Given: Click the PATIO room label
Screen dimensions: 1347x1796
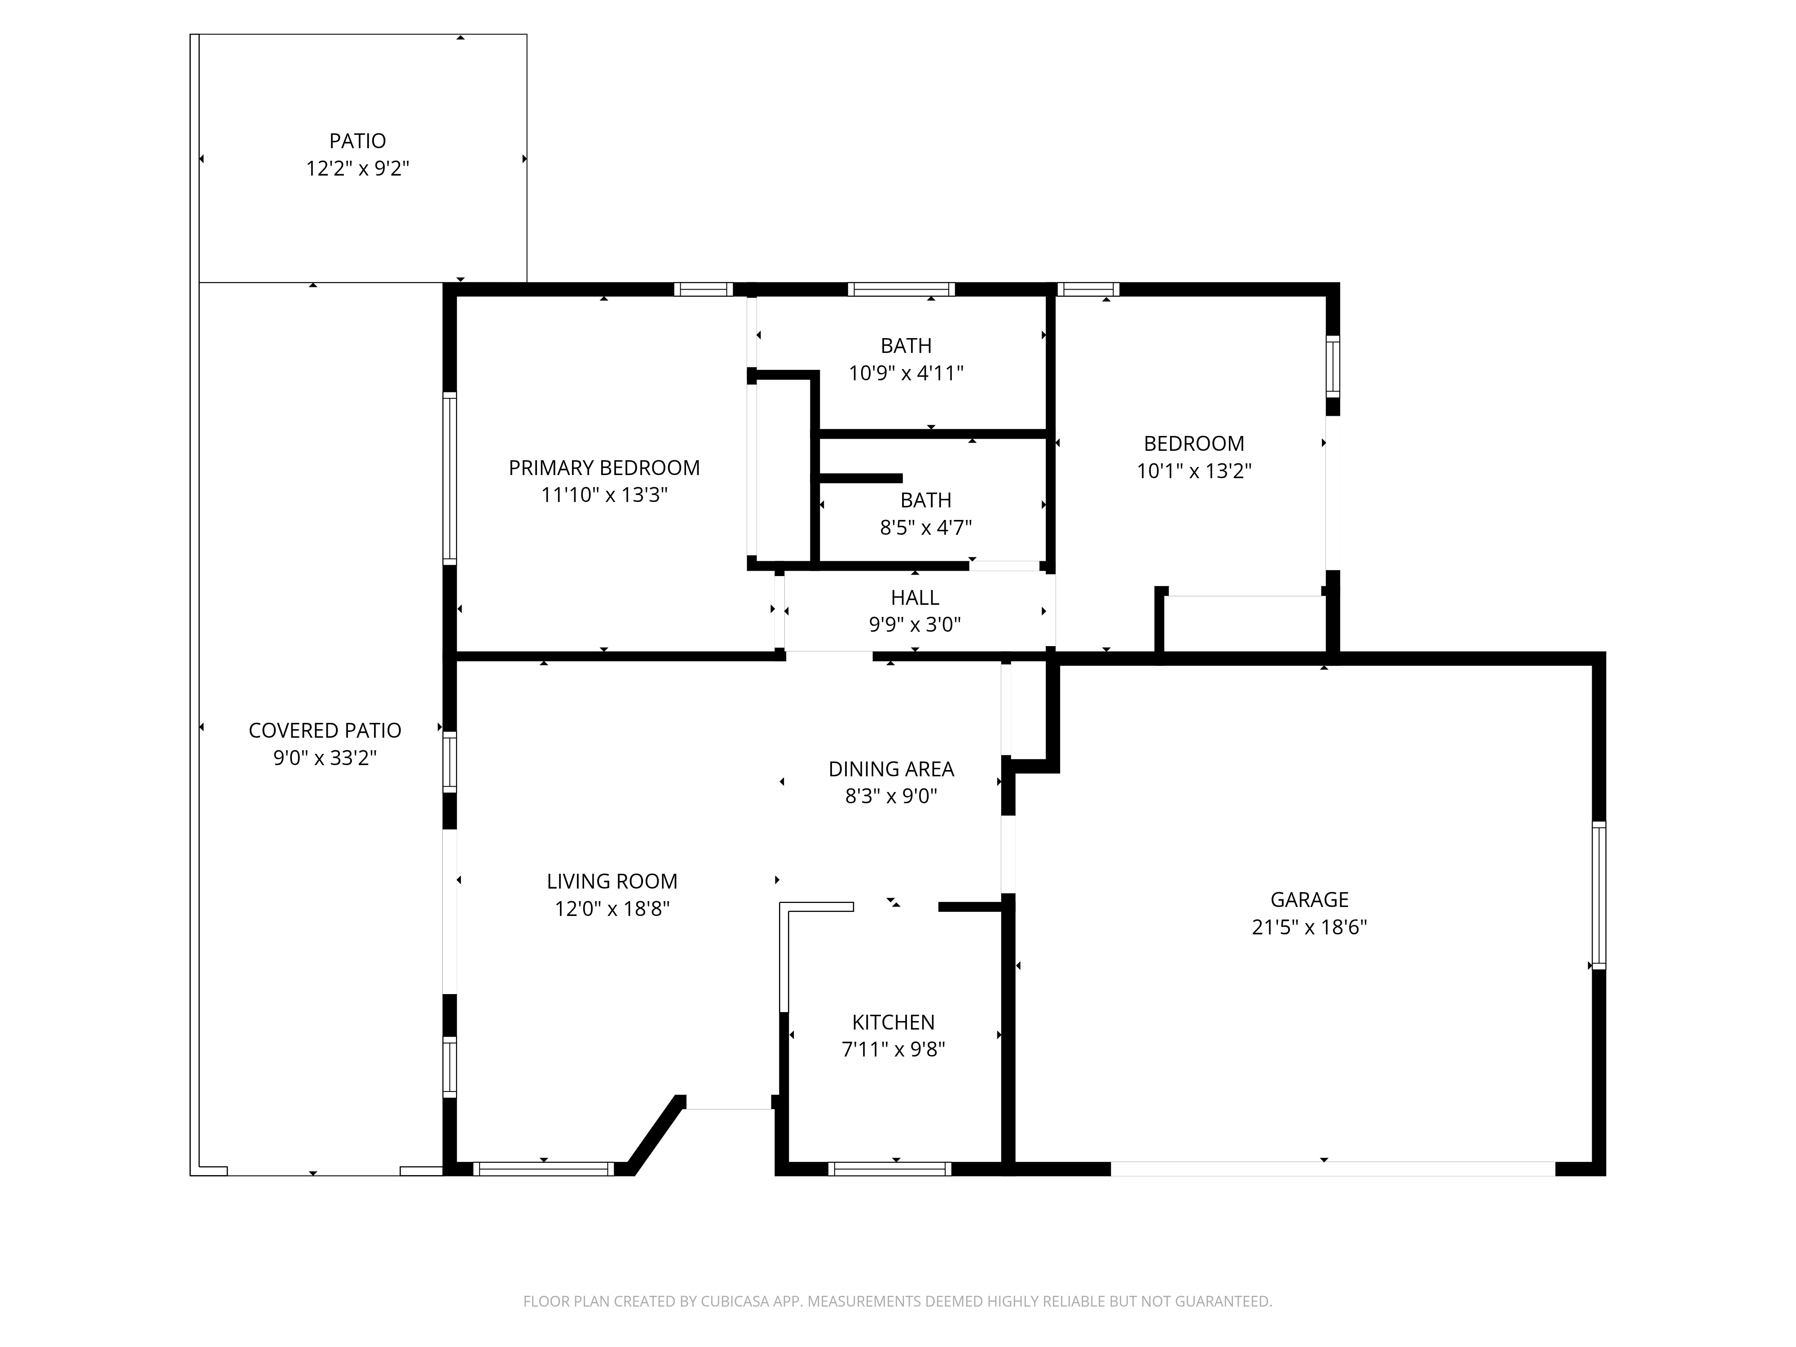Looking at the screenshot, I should point(357,141).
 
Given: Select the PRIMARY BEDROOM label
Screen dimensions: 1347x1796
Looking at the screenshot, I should point(603,468).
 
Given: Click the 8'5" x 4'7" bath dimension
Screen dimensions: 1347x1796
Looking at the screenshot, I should point(925,528).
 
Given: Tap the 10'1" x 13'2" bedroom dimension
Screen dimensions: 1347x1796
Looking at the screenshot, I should point(1193,471).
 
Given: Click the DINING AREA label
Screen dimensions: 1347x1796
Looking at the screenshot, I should point(891,769).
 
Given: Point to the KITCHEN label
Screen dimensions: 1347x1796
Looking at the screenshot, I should point(893,1022).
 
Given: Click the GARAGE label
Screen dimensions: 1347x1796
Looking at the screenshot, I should point(1309,900).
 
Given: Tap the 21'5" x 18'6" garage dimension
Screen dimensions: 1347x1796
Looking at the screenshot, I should point(1309,927).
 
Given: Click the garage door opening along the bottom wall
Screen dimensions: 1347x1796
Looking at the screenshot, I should point(1332,1169).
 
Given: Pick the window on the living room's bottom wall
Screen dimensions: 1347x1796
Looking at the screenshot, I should point(543,1169).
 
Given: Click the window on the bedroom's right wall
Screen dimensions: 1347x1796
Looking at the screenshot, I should point(1332,366).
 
